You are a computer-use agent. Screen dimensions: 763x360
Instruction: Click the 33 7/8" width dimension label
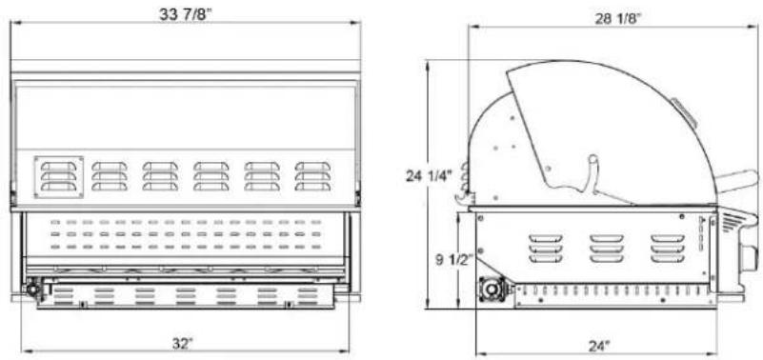coord(186,13)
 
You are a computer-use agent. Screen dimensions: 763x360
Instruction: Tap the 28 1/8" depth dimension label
coord(617,19)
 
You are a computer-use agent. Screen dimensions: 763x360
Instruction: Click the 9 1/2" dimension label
coord(452,260)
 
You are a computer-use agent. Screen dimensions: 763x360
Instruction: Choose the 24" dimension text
coord(598,346)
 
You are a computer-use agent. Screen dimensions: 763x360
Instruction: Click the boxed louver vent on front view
coord(59,177)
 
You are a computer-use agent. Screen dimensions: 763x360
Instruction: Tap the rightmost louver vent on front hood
coord(312,176)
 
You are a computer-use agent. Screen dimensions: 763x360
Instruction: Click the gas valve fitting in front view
coord(34,289)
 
